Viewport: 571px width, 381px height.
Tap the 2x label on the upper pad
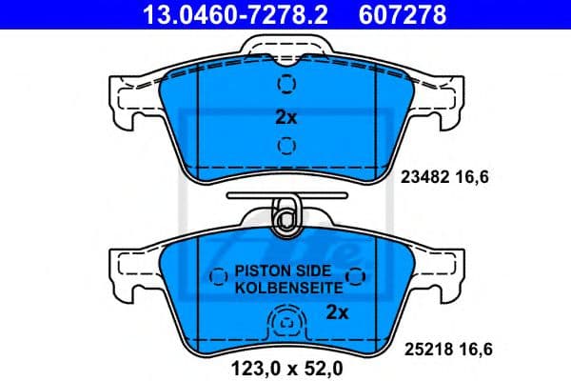(286, 118)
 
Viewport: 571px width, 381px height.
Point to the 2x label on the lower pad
(337, 311)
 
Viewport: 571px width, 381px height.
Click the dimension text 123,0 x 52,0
(285, 364)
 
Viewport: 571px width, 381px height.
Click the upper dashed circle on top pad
(286, 85)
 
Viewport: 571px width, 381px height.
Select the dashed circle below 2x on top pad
(286, 146)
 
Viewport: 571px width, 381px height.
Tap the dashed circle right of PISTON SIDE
(357, 277)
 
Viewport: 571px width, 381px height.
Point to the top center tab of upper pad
(285, 48)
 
